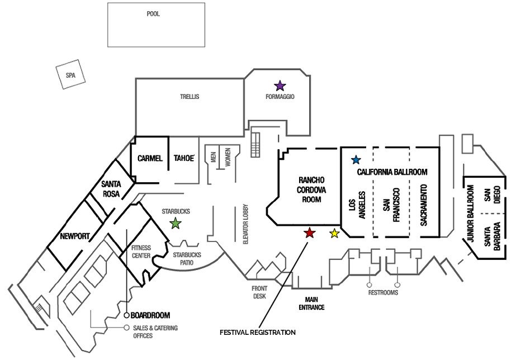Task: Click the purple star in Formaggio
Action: click(280, 86)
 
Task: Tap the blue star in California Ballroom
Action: click(355, 159)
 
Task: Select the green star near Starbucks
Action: click(176, 224)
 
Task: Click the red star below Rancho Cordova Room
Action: click(309, 233)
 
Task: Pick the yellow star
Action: click(334, 234)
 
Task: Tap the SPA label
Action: click(70, 75)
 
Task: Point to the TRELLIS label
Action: click(190, 97)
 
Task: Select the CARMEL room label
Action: click(150, 159)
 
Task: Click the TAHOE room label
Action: click(183, 159)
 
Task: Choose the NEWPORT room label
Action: click(75, 236)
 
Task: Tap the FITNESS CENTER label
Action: click(141, 252)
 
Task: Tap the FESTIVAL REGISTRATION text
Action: click(257, 333)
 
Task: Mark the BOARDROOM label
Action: click(151, 315)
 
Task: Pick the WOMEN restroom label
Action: click(228, 158)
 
